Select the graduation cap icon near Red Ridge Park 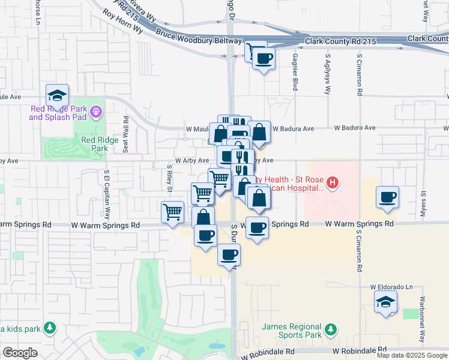click(x=57, y=95)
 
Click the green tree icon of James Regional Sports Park click(x=330, y=329)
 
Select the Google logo click(x=20, y=353)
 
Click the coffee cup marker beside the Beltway click(x=264, y=59)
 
